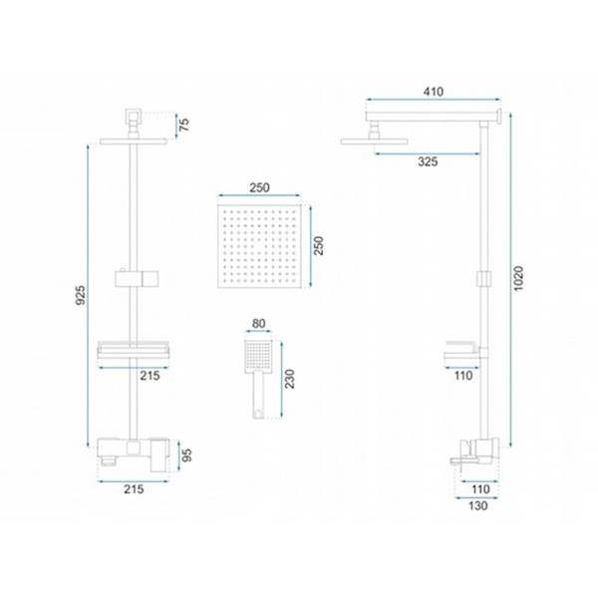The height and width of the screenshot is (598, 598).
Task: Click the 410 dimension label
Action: pos(434,92)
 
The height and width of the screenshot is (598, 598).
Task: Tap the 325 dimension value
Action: pos(428,161)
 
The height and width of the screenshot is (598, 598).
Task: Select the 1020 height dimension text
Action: pos(518,279)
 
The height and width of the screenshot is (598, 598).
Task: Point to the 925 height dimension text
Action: pos(81,295)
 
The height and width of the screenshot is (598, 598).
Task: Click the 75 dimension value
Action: pos(184,125)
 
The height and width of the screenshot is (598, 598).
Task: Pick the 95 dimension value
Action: pos(186,455)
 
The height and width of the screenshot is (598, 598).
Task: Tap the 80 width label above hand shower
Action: pos(258,323)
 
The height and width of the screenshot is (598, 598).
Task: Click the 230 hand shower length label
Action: pos(290,379)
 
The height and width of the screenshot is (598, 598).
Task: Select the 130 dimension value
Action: pos(477,505)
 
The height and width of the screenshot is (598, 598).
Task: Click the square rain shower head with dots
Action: pos(259,246)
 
